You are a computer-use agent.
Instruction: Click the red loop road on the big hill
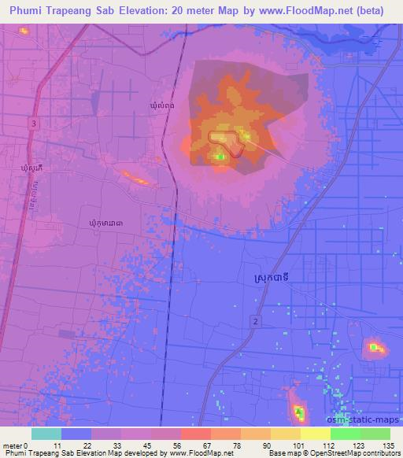pos(224,139)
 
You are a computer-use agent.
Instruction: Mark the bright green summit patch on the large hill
pos(220,157)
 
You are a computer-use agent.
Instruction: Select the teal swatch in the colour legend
pos(46,434)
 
